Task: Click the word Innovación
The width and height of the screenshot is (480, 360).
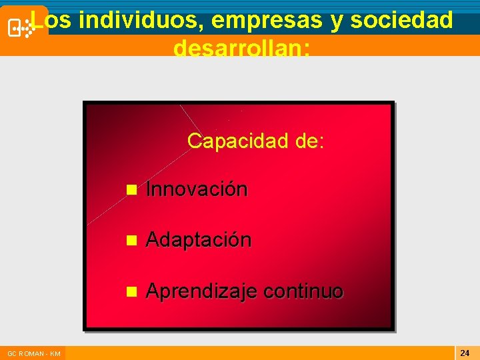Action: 196,189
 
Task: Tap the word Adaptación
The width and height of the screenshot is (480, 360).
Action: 198,240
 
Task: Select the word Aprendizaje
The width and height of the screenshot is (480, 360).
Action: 201,292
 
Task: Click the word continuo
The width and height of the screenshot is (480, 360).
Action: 303,291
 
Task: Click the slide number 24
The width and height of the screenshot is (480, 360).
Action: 465,352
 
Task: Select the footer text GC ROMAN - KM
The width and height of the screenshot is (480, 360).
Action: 34,353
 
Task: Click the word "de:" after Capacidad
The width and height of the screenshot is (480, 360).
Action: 311,141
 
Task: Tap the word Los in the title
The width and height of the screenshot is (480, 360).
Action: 52,21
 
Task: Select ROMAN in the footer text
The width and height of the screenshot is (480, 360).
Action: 31,353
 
